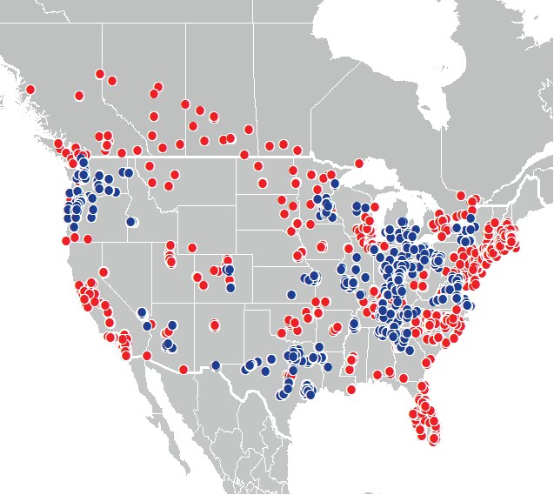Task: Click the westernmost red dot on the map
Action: coord(30,89)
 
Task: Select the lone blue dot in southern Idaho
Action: coord(131,222)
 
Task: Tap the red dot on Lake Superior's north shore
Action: coord(357,163)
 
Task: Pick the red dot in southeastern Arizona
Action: coord(184,370)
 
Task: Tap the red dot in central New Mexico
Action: coord(215,326)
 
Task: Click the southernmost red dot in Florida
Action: coord(434,440)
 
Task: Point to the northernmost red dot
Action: coord(100,74)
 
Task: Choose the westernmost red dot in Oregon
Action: coord(65,239)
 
